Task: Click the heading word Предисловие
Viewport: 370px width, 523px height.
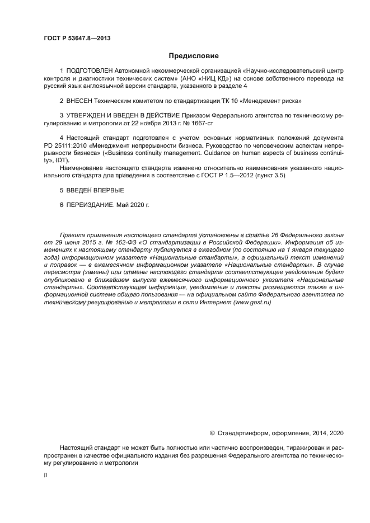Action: (194, 56)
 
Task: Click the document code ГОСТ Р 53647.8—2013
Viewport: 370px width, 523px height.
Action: (73, 38)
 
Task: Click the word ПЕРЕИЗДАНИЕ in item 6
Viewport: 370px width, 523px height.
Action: (90, 205)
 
